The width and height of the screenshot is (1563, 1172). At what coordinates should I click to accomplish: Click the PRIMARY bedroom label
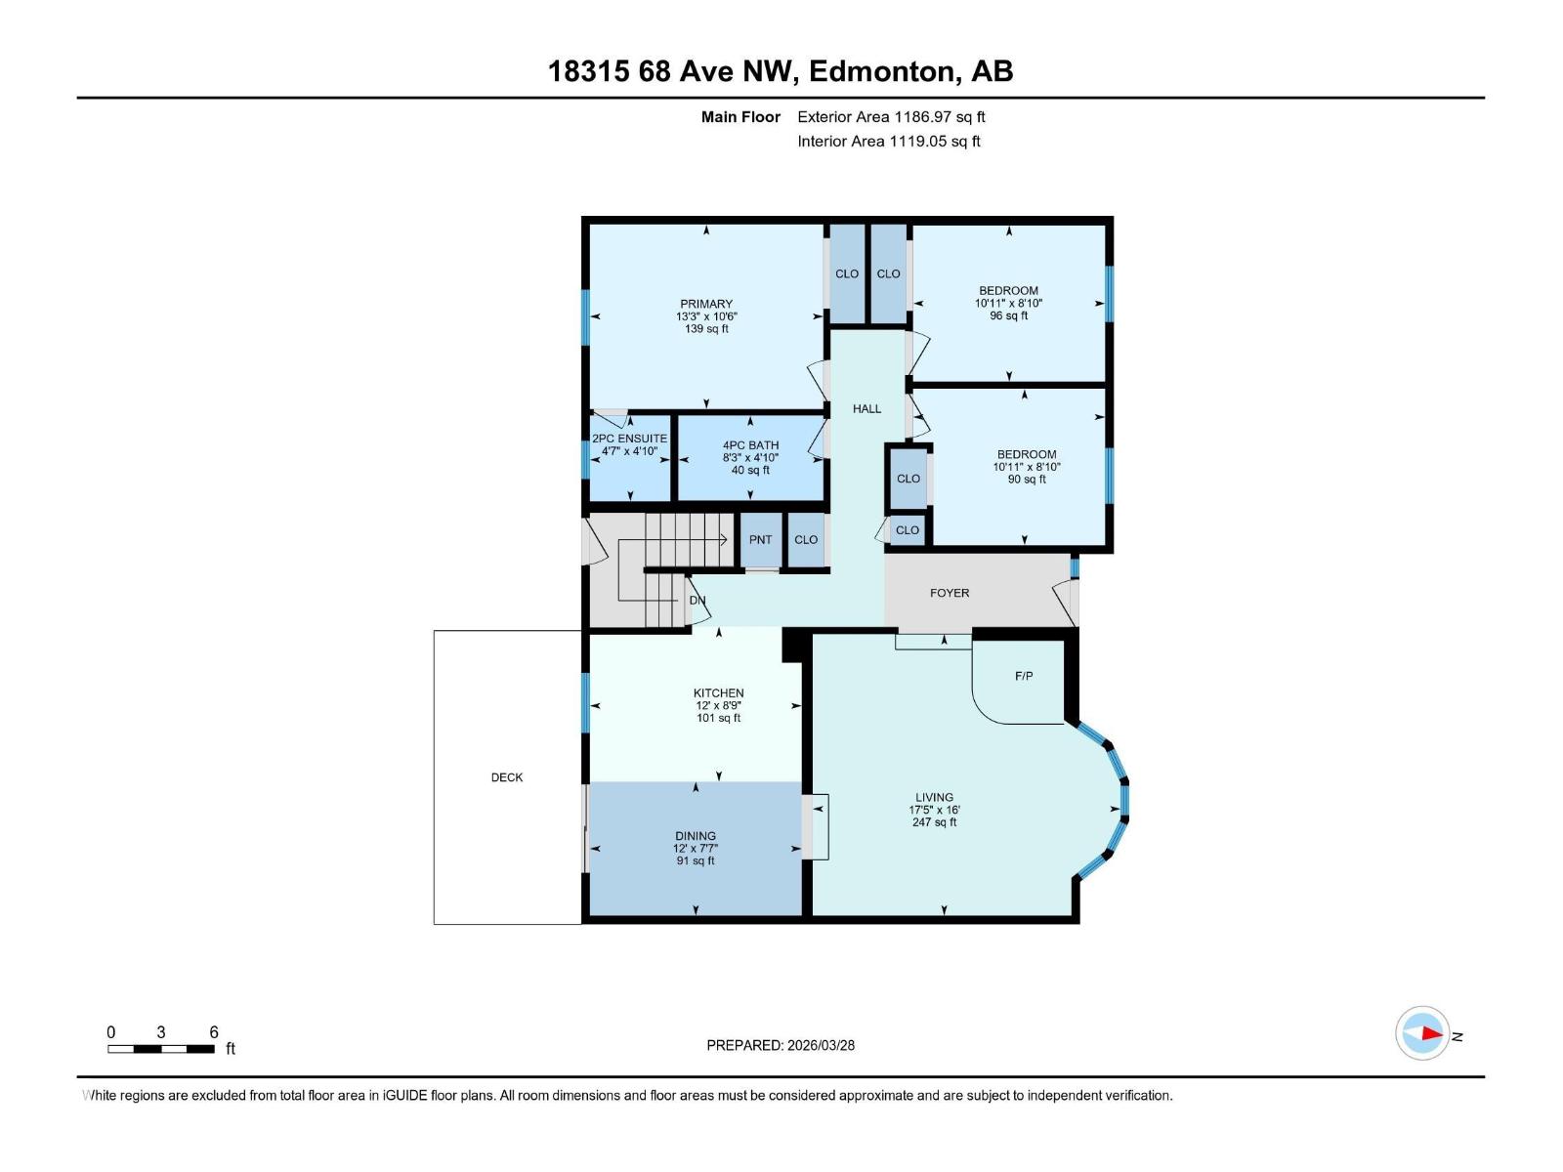tap(705, 304)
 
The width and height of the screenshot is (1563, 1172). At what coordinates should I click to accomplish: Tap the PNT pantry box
tap(760, 540)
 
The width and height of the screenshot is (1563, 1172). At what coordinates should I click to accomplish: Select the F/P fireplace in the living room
tap(1023, 676)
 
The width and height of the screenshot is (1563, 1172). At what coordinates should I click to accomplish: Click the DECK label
tap(506, 777)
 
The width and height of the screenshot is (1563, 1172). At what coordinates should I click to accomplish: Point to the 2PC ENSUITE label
tap(629, 439)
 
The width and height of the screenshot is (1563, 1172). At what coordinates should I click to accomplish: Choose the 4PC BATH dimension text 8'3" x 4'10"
tap(750, 457)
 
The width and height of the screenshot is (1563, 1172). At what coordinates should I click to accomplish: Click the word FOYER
tap(949, 593)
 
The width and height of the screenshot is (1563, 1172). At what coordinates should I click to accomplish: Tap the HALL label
tap(866, 409)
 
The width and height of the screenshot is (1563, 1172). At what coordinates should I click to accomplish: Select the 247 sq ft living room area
tap(934, 822)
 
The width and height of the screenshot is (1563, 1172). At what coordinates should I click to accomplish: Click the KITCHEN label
tap(718, 693)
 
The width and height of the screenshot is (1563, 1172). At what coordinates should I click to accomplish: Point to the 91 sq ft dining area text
tap(696, 860)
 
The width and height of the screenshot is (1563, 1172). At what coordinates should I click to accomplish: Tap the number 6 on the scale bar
tap(214, 1032)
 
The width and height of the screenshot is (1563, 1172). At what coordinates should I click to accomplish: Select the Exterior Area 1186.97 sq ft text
tap(891, 117)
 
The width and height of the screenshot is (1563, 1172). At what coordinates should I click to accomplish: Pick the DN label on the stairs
tap(697, 600)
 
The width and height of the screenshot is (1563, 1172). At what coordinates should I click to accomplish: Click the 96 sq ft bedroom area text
tap(1008, 315)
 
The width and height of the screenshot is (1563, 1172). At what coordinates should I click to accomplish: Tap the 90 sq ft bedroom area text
tap(1027, 479)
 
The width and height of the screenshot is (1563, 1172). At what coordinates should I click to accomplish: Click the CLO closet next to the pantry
tap(805, 540)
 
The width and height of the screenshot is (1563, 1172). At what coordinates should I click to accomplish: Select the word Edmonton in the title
tap(880, 71)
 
